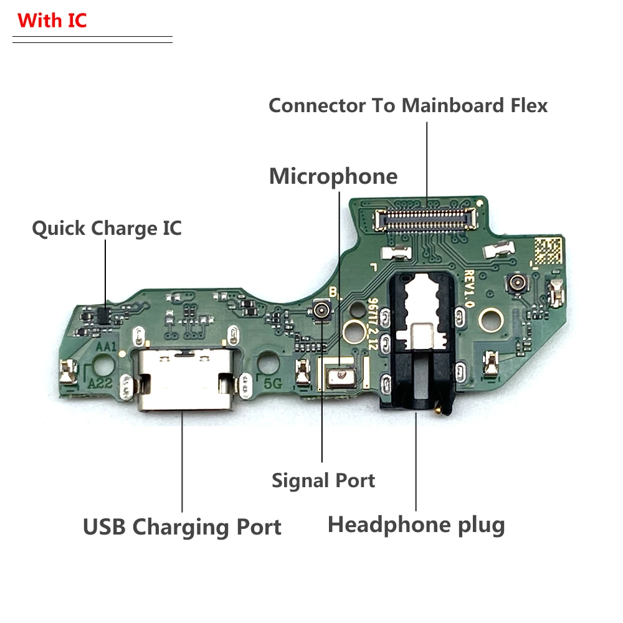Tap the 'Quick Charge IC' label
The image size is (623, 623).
click(107, 229)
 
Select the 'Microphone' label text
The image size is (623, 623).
click(333, 176)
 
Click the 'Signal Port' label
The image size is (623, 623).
click(323, 480)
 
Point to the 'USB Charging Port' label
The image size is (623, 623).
click(182, 527)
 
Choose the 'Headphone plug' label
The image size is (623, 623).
click(416, 525)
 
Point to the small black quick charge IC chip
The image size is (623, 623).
click(104, 315)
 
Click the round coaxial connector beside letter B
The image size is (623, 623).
click(322, 309)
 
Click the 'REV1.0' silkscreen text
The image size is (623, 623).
click(471, 287)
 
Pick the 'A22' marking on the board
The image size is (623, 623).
click(100, 383)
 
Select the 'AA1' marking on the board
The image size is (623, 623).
click(107, 346)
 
